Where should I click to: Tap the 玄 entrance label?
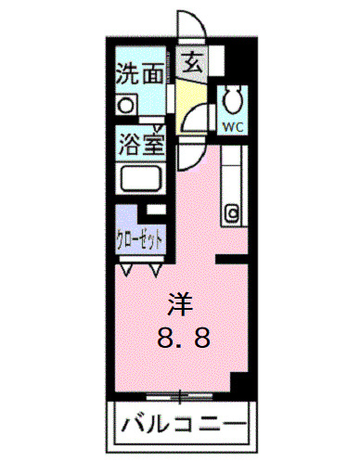click(x=193, y=65)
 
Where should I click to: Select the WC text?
click(x=231, y=121)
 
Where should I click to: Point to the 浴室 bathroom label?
click(x=140, y=145)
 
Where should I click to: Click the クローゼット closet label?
click(x=141, y=238)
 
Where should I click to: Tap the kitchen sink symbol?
click(x=230, y=211)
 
